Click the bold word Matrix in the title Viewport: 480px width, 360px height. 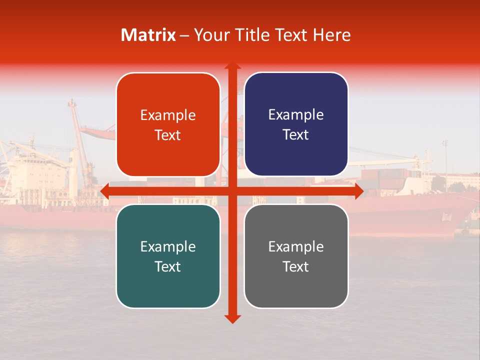pyautogui.click(x=148, y=35)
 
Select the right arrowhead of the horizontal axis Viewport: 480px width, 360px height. pyautogui.click(x=358, y=191)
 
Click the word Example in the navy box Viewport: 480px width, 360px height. pyautogui.click(x=296, y=115)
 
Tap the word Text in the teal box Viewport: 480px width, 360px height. pyautogui.click(x=168, y=266)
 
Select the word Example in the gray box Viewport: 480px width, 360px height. pyautogui.click(x=296, y=246)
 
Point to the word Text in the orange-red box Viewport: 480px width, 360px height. pyautogui.click(x=168, y=135)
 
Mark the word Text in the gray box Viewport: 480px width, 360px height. pyautogui.click(x=296, y=266)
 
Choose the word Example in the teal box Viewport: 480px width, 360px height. pyautogui.click(x=168, y=246)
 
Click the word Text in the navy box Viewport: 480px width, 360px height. pyautogui.click(x=296, y=134)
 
